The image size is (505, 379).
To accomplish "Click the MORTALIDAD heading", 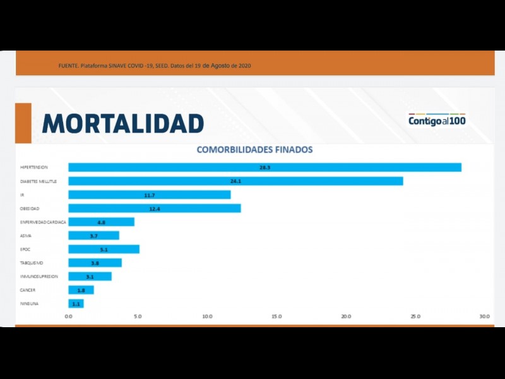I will (x=123, y=123).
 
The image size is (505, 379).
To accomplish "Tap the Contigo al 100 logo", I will (x=437, y=120).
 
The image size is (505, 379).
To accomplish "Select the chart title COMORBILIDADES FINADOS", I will (x=254, y=150).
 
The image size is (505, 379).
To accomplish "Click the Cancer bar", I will (x=81, y=290).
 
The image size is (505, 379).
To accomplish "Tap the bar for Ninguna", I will (x=76, y=304).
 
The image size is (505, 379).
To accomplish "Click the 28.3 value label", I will (x=264, y=167).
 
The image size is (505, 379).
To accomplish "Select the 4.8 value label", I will (x=102, y=222).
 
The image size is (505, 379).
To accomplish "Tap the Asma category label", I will (x=26, y=236).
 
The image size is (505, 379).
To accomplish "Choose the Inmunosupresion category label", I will (x=39, y=277).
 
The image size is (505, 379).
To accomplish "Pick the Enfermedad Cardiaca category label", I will (x=43, y=222).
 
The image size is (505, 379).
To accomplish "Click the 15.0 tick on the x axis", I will (x=276, y=316).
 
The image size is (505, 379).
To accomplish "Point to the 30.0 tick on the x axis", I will (x=484, y=316).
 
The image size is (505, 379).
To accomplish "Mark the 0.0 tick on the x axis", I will (x=69, y=316).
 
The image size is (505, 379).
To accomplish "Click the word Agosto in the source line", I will (x=220, y=66).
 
